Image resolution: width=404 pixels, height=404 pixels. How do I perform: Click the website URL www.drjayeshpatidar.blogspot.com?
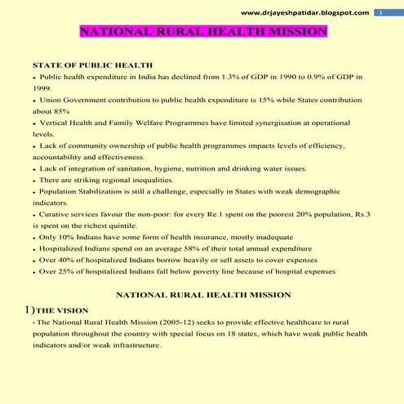tap(306, 13)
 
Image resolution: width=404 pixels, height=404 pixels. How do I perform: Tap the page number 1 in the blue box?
tap(380, 13)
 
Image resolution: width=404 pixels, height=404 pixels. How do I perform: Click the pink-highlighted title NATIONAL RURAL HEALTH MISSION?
tap(204, 33)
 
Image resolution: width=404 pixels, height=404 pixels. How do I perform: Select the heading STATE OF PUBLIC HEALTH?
tap(91, 64)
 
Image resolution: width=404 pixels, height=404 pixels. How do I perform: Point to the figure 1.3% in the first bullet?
tap(225, 75)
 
